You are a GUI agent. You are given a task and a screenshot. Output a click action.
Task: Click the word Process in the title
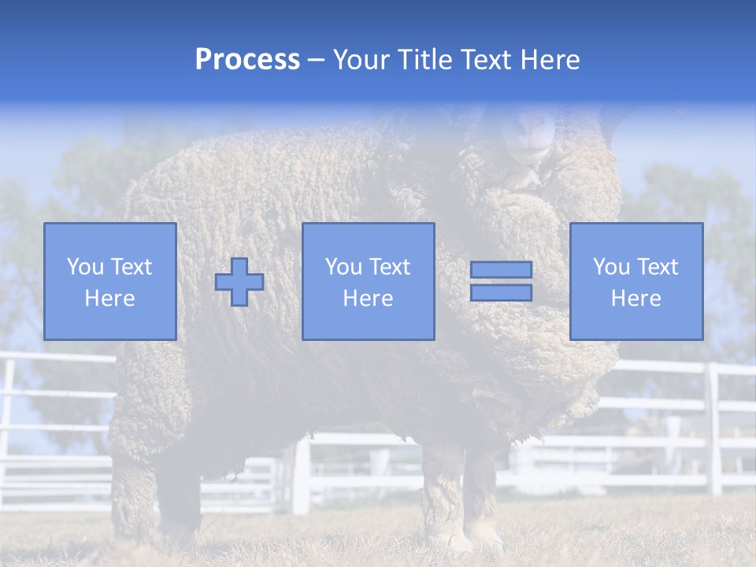[247, 60]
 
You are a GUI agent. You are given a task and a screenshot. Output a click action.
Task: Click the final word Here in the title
[549, 60]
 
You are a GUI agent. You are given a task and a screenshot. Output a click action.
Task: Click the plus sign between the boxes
[239, 281]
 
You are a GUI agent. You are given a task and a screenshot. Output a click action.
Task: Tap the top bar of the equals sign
[501, 270]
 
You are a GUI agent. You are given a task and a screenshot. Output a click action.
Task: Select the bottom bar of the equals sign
[501, 293]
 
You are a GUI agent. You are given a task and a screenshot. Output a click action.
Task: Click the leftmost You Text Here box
[110, 281]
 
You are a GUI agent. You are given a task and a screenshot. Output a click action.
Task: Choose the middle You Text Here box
[368, 281]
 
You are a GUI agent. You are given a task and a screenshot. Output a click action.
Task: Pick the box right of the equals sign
[636, 281]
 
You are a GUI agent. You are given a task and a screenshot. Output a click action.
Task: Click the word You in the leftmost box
[84, 267]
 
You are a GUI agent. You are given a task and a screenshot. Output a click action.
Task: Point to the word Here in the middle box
[368, 298]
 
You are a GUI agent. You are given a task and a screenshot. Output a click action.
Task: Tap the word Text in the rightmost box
[658, 267]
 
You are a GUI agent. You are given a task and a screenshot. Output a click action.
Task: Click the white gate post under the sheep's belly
[301, 476]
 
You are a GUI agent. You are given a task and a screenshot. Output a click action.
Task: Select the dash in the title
[317, 60]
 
